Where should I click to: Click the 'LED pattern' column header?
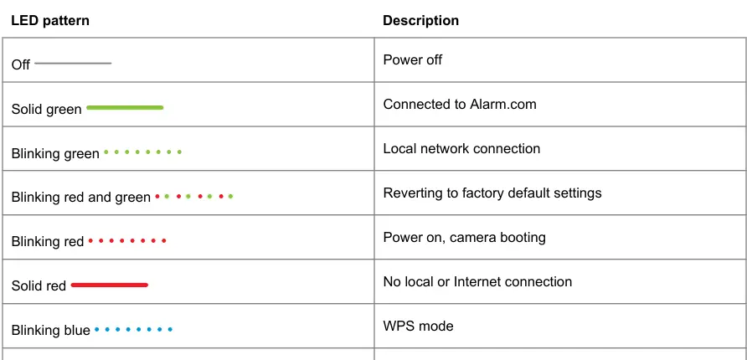click(50, 21)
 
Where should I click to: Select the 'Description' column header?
click(420, 21)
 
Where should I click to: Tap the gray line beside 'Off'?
click(73, 64)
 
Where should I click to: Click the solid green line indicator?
click(125, 108)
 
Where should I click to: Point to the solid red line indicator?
click(110, 285)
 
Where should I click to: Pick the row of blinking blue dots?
click(133, 329)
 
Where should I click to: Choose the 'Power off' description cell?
click(413, 60)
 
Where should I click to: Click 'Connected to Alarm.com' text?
click(460, 105)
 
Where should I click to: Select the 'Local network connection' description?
click(461, 148)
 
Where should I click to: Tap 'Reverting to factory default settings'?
click(492, 193)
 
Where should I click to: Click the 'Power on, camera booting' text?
click(465, 238)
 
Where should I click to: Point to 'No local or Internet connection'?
click(477, 282)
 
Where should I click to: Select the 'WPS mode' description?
click(418, 327)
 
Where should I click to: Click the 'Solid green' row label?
click(47, 110)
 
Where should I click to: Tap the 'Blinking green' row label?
click(55, 154)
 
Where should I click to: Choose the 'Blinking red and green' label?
click(81, 197)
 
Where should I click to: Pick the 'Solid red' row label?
click(39, 285)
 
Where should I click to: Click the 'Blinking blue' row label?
click(50, 330)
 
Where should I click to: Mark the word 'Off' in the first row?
click(20, 64)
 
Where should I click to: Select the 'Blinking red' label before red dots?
click(48, 241)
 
